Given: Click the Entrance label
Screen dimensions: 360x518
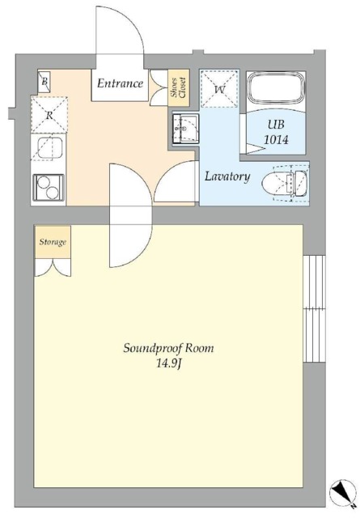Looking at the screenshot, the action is tap(121, 83).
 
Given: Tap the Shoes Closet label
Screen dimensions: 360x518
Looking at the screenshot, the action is tap(179, 87).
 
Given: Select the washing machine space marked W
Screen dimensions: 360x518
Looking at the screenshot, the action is tap(219, 88).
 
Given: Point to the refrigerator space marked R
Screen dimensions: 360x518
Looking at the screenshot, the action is tap(49, 115).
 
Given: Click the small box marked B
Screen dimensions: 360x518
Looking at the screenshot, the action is tap(44, 81).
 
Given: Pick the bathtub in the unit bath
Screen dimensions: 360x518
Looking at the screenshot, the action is tap(276, 89).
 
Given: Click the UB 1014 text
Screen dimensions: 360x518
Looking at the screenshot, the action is tap(276, 132).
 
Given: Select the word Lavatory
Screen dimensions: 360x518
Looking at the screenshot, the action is tap(227, 176).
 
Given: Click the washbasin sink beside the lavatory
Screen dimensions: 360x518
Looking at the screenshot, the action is tap(185, 129).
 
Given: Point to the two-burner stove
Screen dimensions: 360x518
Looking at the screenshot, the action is tap(49, 187).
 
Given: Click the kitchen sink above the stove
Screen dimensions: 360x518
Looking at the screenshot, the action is tap(49, 147).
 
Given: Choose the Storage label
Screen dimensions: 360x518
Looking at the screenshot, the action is tap(53, 242).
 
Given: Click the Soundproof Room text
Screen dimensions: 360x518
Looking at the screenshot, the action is tap(168, 348).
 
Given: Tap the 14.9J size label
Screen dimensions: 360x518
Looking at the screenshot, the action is tap(168, 364).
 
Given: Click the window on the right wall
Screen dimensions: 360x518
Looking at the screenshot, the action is tap(314, 308).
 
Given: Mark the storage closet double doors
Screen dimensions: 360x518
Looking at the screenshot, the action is tap(53, 267).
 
